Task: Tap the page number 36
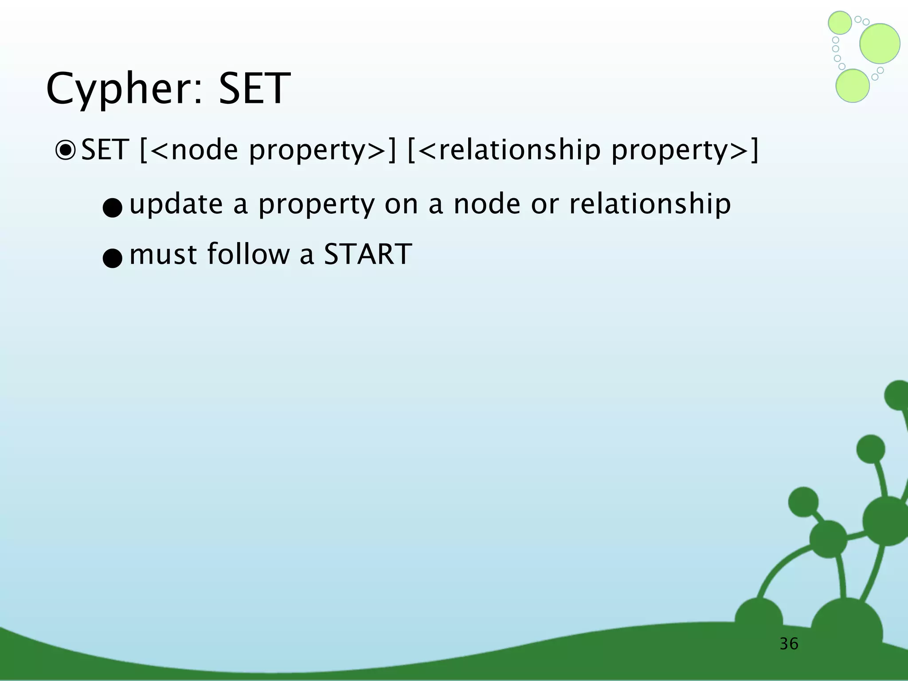(789, 644)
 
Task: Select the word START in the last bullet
(368, 254)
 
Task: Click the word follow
(248, 254)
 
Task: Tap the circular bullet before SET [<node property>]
(65, 150)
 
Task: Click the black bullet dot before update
(112, 208)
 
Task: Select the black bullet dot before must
(112, 258)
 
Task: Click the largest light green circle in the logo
(880, 43)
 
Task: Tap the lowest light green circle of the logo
(852, 86)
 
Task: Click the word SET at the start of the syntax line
(105, 150)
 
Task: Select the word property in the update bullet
(316, 205)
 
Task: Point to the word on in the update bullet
(401, 205)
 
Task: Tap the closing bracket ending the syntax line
(754, 150)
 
